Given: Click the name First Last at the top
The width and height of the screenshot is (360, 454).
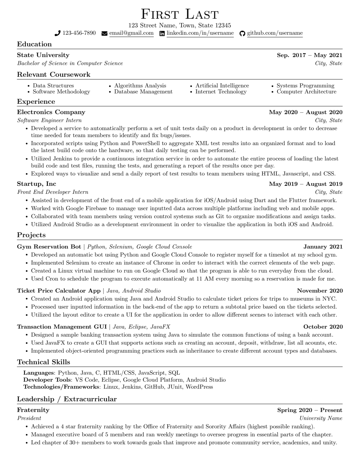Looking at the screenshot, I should click(180, 14).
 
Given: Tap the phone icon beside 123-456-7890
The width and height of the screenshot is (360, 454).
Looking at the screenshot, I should click(58, 33).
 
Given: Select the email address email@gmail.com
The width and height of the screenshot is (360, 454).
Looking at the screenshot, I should click(131, 33).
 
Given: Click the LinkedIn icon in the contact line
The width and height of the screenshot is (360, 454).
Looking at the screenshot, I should click(162, 33).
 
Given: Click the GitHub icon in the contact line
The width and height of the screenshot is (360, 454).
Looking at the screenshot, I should click(242, 33).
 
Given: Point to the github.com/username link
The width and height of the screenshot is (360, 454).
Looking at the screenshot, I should click(275, 33).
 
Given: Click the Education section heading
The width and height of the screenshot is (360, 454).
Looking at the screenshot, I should click(34, 44).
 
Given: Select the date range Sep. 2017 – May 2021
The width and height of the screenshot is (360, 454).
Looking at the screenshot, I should click(309, 55).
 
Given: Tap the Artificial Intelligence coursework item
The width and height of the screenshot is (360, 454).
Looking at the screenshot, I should click(222, 86).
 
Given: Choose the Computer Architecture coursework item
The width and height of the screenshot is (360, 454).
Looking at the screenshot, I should click(306, 92).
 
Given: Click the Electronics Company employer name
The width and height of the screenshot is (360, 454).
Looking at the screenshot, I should click(51, 112).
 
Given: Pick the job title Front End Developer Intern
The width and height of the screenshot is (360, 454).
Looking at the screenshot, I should click(53, 192).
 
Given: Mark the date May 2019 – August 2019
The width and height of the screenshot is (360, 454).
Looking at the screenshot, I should click(306, 184).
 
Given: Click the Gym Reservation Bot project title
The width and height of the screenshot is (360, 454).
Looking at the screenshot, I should click(49, 247).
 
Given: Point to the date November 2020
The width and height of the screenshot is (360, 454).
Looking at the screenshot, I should click(320, 291).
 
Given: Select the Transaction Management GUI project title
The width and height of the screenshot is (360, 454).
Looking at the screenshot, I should click(62, 327).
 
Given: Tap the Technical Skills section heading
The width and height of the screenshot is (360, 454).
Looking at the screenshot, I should click(43, 362).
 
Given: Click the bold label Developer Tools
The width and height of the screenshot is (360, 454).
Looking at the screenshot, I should click(47, 380).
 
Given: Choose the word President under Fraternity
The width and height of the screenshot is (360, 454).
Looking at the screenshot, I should click(29, 418).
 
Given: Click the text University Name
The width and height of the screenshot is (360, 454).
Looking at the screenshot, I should click(321, 418).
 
